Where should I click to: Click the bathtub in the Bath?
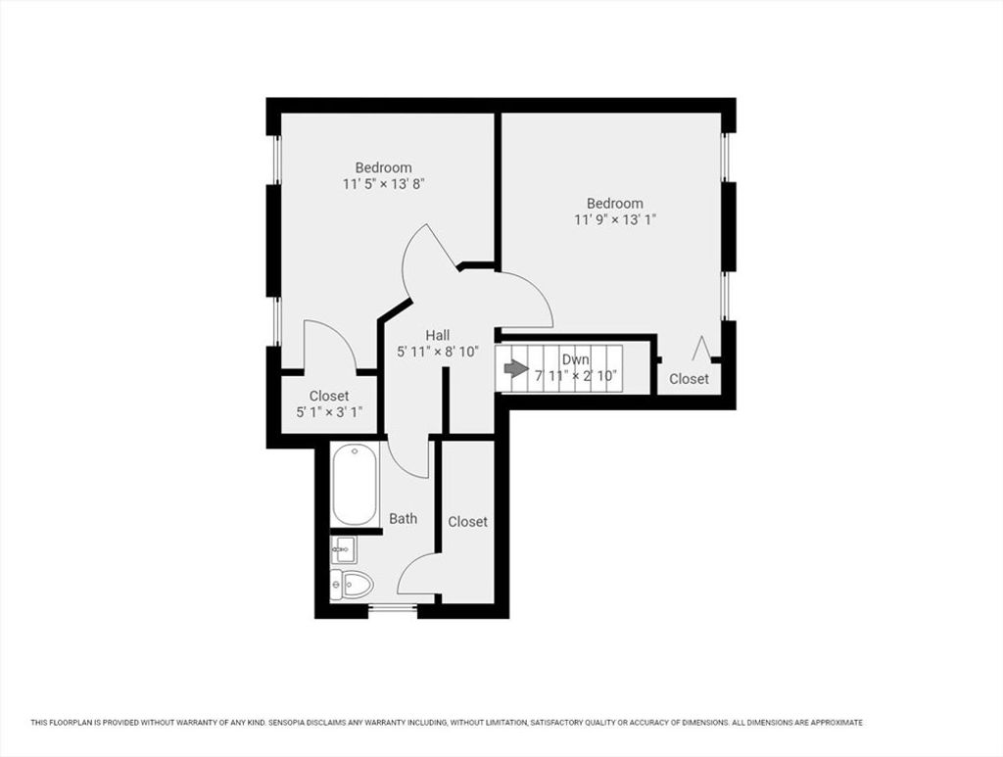pyautogui.click(x=355, y=485)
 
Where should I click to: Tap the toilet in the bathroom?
pyautogui.click(x=352, y=583)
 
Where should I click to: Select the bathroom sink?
pyautogui.click(x=344, y=549)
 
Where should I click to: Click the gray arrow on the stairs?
pyautogui.click(x=516, y=368)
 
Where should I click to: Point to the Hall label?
pyautogui.click(x=438, y=335)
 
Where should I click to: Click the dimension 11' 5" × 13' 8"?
pyautogui.click(x=384, y=184)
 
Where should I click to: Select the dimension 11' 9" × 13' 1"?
pyautogui.click(x=615, y=220)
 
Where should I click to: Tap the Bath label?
pyautogui.click(x=403, y=518)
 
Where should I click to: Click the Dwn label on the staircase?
pyautogui.click(x=576, y=360)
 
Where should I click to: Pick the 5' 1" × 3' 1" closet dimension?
pyautogui.click(x=329, y=412)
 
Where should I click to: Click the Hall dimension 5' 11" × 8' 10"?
pyautogui.click(x=438, y=352)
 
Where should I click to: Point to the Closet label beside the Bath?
pyautogui.click(x=467, y=522)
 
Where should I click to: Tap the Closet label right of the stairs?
pyautogui.click(x=689, y=378)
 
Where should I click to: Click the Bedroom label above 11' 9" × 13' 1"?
pyautogui.click(x=615, y=204)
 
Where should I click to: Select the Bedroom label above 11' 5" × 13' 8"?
pyautogui.click(x=384, y=167)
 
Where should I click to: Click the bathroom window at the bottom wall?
pyautogui.click(x=393, y=610)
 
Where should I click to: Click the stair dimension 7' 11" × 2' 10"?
pyautogui.click(x=576, y=376)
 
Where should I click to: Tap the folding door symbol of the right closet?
pyautogui.click(x=701, y=348)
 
